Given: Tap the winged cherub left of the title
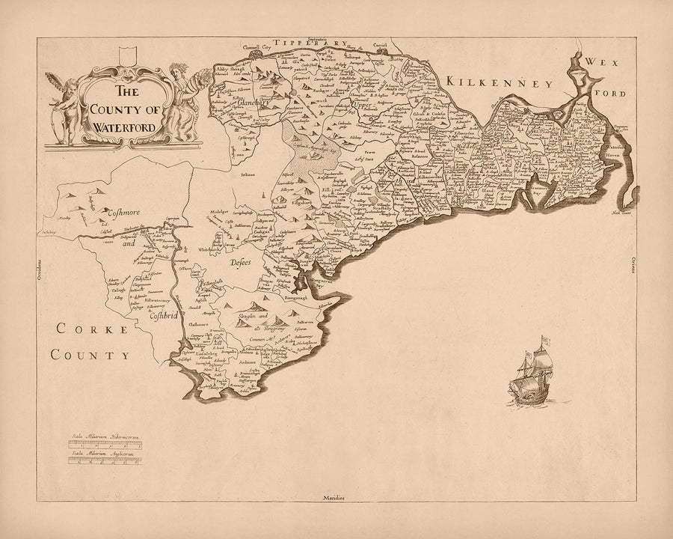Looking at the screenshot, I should tap(64, 105).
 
